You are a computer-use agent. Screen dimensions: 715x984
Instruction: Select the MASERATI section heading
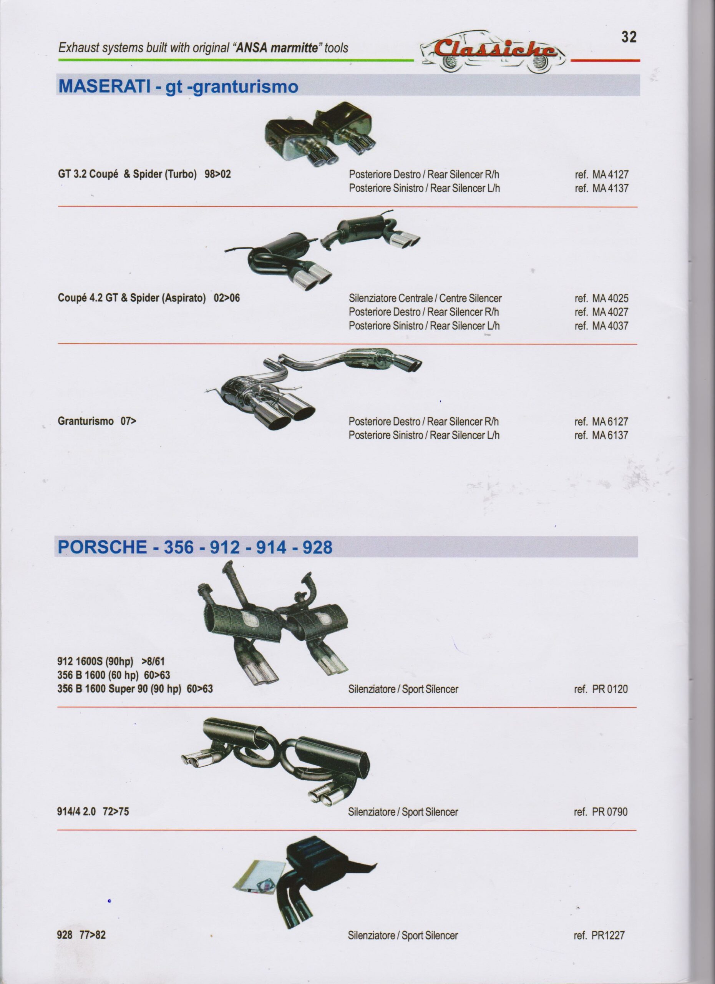tap(178, 86)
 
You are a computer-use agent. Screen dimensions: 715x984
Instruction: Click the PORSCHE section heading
tap(195, 547)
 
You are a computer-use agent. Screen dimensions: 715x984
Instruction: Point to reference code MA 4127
tap(601, 175)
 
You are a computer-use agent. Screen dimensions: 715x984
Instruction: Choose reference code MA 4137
tap(601, 188)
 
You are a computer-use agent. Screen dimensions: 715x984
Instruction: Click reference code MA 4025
tap(601, 299)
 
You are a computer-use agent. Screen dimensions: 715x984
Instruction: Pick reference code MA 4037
tap(601, 326)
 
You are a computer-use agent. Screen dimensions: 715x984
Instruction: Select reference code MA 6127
tap(601, 422)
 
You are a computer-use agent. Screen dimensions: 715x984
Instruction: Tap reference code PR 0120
tap(601, 689)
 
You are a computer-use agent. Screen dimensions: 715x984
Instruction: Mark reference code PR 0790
tap(601, 812)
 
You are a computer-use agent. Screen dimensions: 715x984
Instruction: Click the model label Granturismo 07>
tap(97, 421)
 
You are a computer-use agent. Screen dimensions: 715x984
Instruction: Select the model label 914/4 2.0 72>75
tap(93, 812)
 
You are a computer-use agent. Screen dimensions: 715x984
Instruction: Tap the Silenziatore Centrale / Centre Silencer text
tap(425, 299)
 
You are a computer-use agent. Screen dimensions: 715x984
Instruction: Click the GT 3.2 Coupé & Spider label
tap(144, 175)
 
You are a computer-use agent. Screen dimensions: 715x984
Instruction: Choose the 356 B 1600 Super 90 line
tap(135, 689)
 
